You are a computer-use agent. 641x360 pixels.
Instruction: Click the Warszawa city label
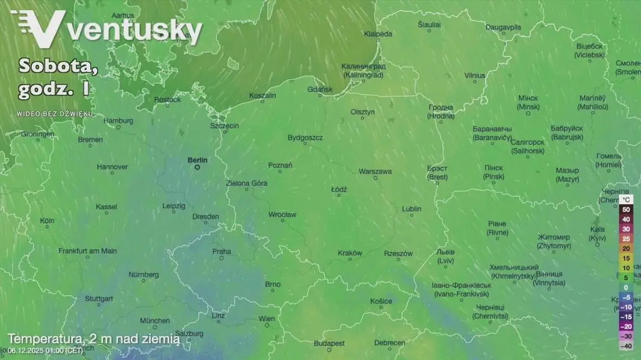pyautogui.click(x=375, y=171)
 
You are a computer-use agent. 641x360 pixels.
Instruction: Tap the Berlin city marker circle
pyautogui.click(x=197, y=168)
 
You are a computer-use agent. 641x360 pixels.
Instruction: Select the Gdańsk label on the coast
pyautogui.click(x=320, y=90)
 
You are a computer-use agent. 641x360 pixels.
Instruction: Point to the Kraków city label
pyautogui.click(x=350, y=253)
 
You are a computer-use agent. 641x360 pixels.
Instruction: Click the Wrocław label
pyautogui.click(x=282, y=215)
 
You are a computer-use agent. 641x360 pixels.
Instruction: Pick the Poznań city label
pyautogui.click(x=280, y=165)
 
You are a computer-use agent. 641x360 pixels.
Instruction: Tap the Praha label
pyautogui.click(x=222, y=252)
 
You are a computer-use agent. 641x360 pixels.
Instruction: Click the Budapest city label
pyautogui.click(x=329, y=343)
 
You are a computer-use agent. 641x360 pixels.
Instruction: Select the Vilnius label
pyautogui.click(x=474, y=75)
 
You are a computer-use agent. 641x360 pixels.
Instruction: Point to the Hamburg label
pyautogui.click(x=118, y=120)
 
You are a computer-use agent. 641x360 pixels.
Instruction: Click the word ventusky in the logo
pyautogui.click(x=134, y=29)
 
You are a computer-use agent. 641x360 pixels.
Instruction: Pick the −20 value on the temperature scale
pyautogui.click(x=625, y=326)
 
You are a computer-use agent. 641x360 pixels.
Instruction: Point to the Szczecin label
pyautogui.click(x=224, y=126)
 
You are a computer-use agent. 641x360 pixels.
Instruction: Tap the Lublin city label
pyautogui.click(x=411, y=208)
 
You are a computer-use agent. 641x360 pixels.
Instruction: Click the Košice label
pyautogui.click(x=381, y=301)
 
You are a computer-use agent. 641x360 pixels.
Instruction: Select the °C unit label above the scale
pyautogui.click(x=627, y=200)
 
